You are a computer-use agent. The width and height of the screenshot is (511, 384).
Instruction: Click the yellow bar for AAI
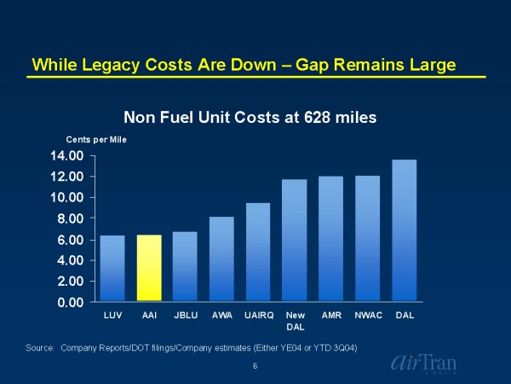point(149,268)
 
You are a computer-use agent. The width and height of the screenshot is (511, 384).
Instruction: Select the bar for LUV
point(112,268)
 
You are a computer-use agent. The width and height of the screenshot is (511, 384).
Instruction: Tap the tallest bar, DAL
point(405,230)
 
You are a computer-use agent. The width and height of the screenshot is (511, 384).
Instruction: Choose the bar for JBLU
point(185,266)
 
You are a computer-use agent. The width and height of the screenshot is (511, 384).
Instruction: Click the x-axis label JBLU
point(185,316)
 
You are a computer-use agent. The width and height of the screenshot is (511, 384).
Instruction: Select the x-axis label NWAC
point(368,316)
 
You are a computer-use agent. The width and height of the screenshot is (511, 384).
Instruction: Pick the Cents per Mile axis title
point(96,139)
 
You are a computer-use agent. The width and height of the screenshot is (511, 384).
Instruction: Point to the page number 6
point(255,366)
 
